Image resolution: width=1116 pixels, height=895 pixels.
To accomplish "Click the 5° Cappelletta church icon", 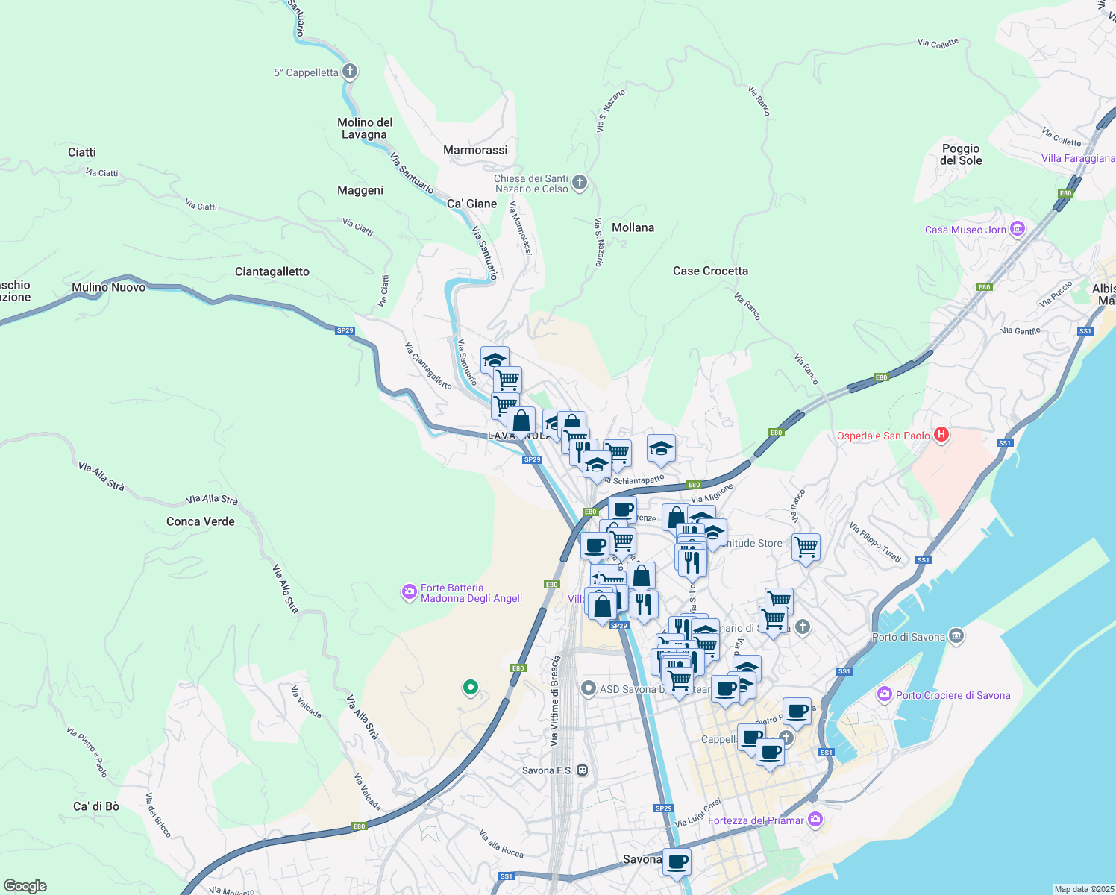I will tap(350, 72).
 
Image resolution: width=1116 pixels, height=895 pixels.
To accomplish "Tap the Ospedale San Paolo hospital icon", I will tap(941, 435).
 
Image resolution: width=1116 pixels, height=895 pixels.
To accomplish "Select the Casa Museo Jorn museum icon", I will tap(1018, 229).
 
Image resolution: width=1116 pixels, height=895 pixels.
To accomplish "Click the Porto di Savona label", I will tap(908, 637).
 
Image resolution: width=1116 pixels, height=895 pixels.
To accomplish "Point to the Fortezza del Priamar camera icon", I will tap(815, 820).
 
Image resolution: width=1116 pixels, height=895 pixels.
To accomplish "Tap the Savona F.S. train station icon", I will tap(583, 770).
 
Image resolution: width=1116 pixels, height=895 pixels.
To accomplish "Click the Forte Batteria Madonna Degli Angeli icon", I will tap(409, 593).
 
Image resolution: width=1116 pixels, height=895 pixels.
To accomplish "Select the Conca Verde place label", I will tap(201, 521).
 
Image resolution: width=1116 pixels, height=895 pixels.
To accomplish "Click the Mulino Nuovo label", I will tap(109, 287).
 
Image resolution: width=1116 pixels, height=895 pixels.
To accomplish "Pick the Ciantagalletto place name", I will tap(272, 271).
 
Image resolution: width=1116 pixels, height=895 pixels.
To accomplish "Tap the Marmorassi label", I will tap(475, 150).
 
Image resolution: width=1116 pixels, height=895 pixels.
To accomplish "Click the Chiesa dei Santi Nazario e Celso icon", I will tap(580, 183).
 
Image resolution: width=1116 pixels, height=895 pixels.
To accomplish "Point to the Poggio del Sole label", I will tap(961, 154).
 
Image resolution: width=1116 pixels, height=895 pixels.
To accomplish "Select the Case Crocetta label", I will tap(710, 271).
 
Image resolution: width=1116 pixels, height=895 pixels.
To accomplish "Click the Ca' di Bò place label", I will tap(96, 806).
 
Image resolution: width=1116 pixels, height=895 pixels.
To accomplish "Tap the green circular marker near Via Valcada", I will tap(470, 687).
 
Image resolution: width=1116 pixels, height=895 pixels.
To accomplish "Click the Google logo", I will tap(25, 885).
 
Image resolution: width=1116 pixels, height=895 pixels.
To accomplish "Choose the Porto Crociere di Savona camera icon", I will tap(885, 694).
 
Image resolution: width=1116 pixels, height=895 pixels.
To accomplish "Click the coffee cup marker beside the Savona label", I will tap(677, 861).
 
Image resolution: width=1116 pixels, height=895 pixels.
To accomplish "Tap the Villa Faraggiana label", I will tap(1078, 158).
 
